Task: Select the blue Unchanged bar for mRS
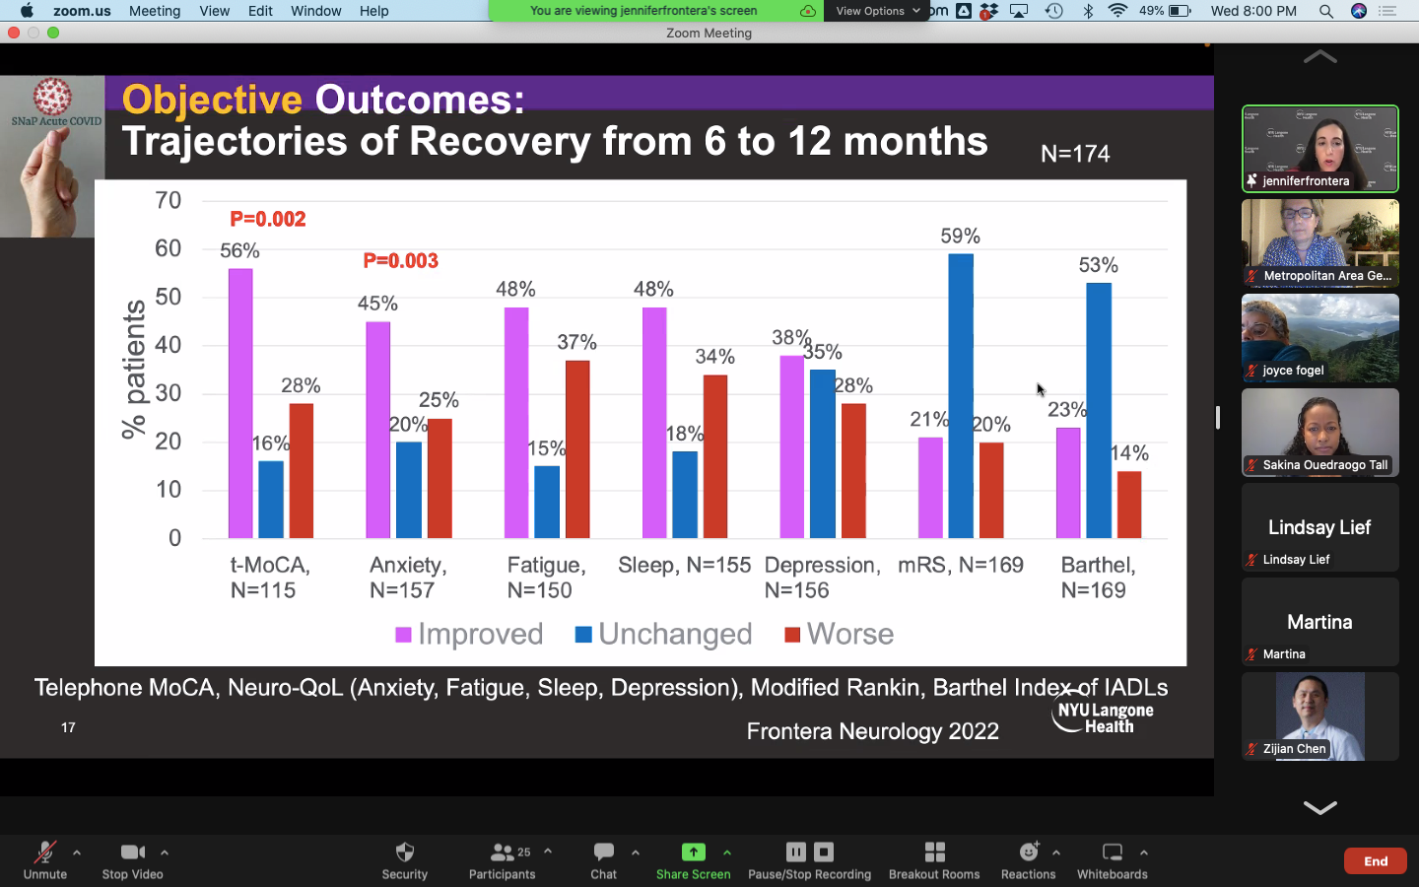961,395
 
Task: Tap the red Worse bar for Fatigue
577,448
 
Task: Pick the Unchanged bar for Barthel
1099,410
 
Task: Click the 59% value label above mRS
960,237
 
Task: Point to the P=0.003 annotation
400,261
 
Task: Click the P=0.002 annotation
268,219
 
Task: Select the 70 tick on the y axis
169,201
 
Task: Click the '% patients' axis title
133,370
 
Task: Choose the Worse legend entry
840,634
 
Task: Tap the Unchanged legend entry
664,634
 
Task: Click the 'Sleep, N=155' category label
684,565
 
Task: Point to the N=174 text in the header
1075,154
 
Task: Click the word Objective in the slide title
212,100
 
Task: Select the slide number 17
68,727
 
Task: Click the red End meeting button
1375,861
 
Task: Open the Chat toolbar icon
604,859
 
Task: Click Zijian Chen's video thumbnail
1319,716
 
